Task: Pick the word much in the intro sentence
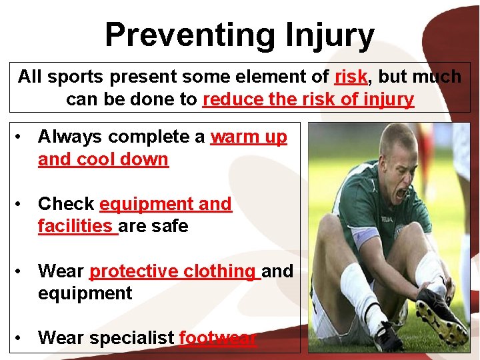pos(437,77)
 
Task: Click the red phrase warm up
pos(249,137)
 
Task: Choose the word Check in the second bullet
pos(66,204)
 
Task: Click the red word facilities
pos(75,226)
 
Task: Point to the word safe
pos(171,226)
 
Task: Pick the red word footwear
pos(218,338)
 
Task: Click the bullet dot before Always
pos(22,137)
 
